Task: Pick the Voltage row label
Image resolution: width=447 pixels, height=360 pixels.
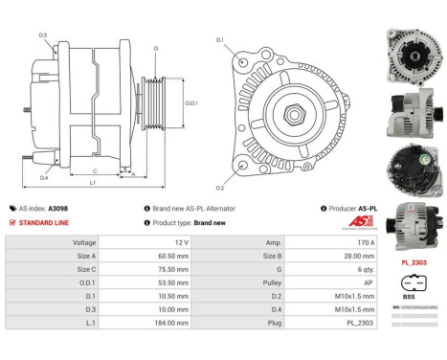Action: click(x=83, y=243)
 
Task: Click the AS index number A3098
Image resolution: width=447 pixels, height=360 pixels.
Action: click(x=58, y=208)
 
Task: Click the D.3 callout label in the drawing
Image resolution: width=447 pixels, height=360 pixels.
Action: click(x=44, y=35)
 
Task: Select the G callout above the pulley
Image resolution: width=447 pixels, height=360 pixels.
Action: click(x=156, y=48)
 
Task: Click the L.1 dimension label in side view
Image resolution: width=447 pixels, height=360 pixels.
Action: click(x=92, y=182)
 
